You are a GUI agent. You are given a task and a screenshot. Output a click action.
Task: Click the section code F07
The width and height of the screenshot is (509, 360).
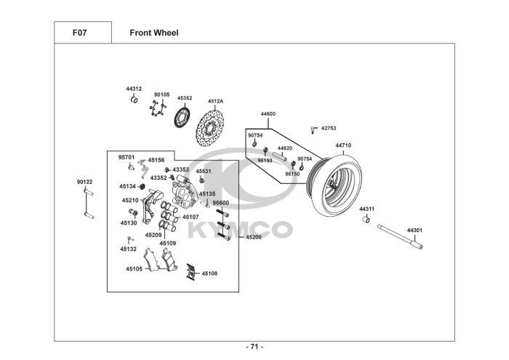(79, 33)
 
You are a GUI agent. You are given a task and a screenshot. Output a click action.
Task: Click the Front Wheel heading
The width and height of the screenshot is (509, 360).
(154, 33)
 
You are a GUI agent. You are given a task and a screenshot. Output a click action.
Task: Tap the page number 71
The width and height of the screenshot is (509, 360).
(254, 347)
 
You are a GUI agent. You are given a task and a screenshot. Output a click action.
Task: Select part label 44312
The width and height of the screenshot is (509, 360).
(134, 89)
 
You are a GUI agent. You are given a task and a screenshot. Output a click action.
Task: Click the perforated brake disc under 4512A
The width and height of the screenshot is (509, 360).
(210, 129)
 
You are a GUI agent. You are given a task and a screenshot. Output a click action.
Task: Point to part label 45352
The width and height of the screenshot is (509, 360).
(185, 97)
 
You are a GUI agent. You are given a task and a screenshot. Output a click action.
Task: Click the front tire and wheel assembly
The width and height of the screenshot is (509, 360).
(334, 185)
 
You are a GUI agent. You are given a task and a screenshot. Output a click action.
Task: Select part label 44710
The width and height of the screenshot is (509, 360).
(343, 145)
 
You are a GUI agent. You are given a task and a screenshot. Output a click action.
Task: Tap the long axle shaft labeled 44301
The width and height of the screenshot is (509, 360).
(400, 237)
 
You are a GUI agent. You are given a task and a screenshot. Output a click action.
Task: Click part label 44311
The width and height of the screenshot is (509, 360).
(366, 209)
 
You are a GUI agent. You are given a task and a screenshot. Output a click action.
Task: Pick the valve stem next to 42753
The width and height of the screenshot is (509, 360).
(313, 129)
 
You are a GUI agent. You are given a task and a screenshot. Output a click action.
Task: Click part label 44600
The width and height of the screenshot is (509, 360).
(268, 114)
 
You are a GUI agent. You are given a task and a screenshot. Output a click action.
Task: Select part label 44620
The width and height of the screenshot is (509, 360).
(285, 148)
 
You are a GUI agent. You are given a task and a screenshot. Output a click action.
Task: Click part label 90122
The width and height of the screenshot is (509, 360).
(84, 182)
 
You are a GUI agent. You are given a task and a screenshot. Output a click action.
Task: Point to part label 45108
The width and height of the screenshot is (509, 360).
(209, 273)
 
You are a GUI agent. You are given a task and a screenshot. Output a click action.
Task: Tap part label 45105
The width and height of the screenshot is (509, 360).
(134, 269)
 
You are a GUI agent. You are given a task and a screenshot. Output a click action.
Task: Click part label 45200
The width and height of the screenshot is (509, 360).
(254, 237)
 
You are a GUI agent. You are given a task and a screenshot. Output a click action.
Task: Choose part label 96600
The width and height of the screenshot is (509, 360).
(221, 203)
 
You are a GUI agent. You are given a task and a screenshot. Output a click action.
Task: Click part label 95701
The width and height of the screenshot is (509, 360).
(127, 157)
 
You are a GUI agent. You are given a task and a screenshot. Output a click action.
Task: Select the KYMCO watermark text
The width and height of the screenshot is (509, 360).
(241, 230)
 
